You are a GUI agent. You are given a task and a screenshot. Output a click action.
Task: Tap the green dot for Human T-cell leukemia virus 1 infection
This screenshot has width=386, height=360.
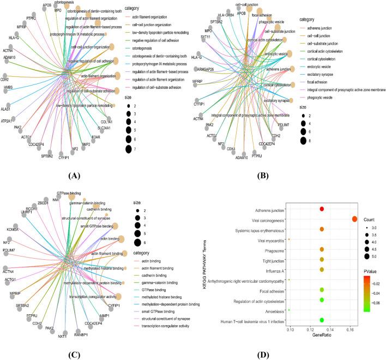coord(322,321)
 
